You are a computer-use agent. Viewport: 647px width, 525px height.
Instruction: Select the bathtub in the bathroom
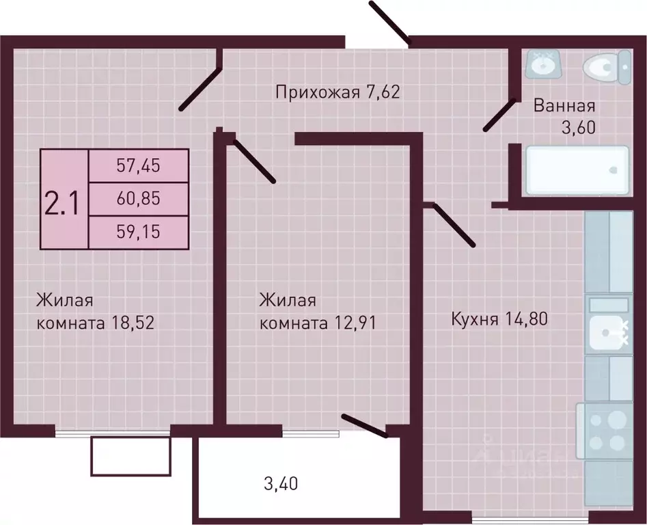coord(577,169)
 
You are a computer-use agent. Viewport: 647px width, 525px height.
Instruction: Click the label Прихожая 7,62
coord(337,92)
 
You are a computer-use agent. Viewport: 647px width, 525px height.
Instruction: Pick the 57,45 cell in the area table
coord(138,165)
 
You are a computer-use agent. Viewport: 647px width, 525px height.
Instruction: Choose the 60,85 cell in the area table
coord(138,199)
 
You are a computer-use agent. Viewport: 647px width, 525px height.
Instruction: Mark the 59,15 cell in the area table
coord(138,232)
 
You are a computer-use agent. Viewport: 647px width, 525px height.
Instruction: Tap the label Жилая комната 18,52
coord(95,311)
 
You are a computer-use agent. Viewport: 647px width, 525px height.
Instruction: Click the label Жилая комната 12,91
coord(318,311)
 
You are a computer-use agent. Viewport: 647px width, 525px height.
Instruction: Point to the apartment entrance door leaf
coord(389,22)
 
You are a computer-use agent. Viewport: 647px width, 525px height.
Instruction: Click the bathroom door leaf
coord(499,115)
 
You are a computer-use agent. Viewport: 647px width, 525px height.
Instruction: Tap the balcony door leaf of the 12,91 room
coord(364,424)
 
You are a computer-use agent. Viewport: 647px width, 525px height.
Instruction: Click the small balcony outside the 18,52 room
coord(130,457)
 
